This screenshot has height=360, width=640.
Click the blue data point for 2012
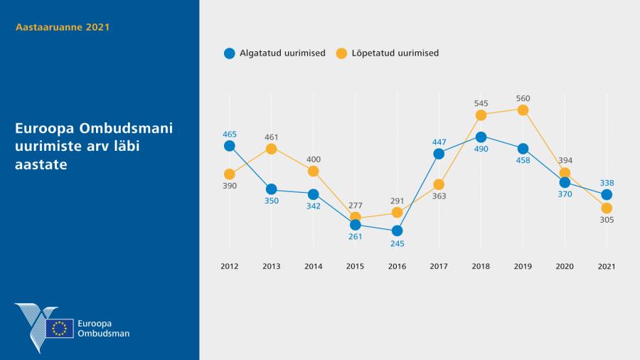pos(229,146)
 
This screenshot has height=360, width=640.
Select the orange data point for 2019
pos(523,110)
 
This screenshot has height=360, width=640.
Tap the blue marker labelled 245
pos(397,231)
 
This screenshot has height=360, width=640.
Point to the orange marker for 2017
pos(439,184)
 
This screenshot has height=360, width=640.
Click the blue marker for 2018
pos(481,137)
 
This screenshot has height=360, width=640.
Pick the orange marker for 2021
pos(607,208)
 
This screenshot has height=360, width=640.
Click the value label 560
pos(523,98)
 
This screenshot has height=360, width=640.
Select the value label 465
pos(229,134)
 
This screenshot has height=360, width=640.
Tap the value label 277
pos(355,206)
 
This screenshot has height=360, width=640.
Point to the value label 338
pos(607,183)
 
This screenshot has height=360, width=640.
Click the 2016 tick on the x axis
pos(397,266)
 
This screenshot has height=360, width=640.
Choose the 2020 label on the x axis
pos(565,266)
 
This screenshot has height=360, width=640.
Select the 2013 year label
pos(271,266)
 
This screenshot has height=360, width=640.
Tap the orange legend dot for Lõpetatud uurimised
pos(341,53)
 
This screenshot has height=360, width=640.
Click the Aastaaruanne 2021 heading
pos(63,27)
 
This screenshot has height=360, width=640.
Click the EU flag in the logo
pos(60,328)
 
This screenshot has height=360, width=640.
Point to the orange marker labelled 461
pos(271,148)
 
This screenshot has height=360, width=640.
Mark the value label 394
pos(565,161)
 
